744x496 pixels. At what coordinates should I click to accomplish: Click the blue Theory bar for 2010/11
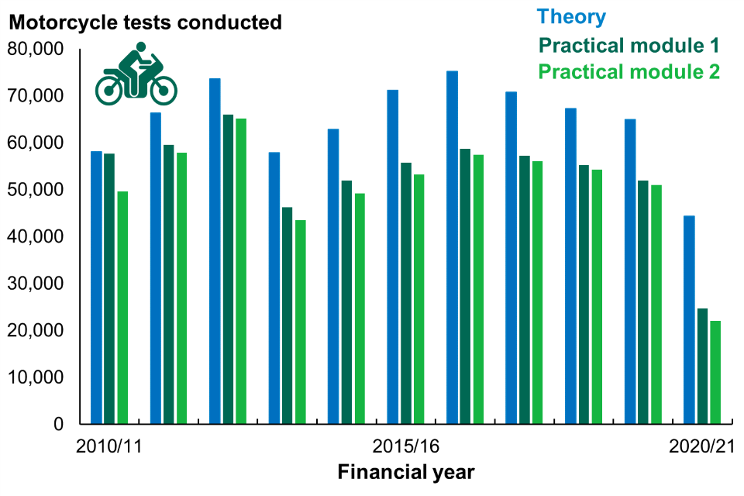tap(96, 288)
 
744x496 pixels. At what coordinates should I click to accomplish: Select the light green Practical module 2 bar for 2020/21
tap(715, 372)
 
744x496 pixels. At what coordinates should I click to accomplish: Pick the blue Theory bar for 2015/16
tap(393, 257)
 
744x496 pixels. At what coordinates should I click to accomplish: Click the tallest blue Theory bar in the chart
tap(452, 247)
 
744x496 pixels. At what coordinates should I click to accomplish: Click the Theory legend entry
tap(571, 17)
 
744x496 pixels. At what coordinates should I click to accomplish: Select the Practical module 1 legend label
tap(629, 45)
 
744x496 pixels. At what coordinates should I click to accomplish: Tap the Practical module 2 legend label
tap(629, 72)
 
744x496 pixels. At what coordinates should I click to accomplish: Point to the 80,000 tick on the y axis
tap(36, 50)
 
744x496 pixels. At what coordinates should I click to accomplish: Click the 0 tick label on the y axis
tap(57, 425)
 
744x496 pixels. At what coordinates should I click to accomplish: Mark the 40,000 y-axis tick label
tap(36, 237)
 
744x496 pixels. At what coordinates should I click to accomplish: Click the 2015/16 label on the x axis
tap(405, 447)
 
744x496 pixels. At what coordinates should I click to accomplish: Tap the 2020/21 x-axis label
tap(701, 447)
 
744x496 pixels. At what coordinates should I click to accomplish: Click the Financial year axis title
tap(405, 471)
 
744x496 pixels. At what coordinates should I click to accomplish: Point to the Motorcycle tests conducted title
tap(145, 22)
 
